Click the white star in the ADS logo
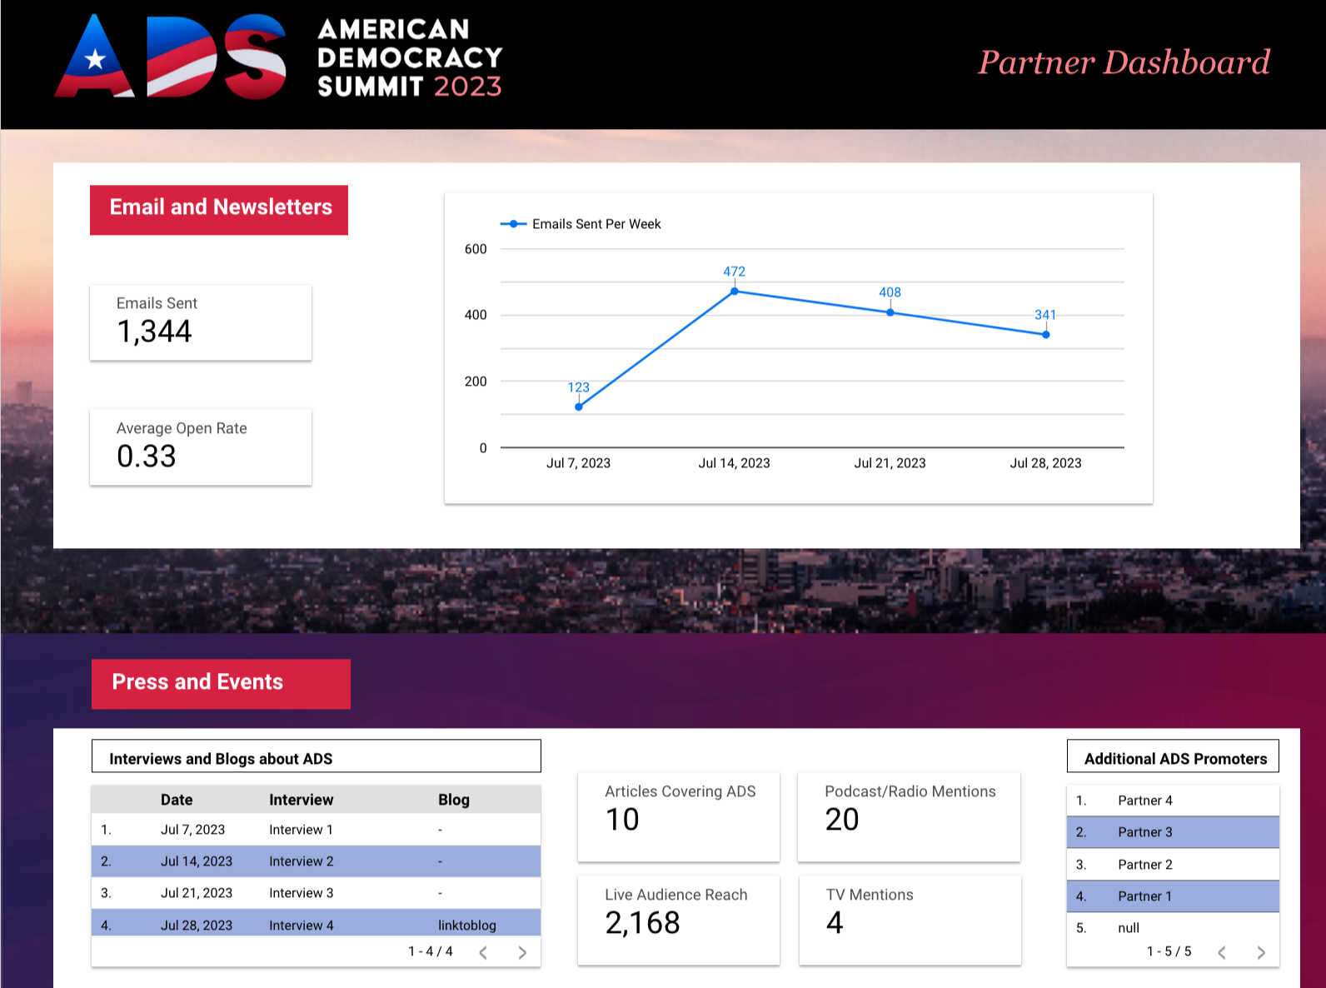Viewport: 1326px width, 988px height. (95, 59)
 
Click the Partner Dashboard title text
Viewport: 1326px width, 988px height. (1124, 62)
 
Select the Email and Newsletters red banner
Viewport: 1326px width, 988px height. (219, 209)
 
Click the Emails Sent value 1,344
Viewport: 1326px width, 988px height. (155, 332)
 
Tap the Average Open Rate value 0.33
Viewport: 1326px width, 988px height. (147, 457)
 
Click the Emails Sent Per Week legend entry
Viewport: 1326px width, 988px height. (581, 224)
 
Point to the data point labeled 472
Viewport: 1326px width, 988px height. (734, 292)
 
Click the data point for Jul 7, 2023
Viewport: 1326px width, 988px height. (579, 407)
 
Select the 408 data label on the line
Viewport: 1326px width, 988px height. (890, 292)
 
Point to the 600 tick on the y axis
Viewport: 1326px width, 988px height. (476, 249)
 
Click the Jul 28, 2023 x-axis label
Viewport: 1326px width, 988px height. (1045, 463)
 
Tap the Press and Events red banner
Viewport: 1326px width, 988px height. (221, 683)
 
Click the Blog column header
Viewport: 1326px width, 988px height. (454, 800)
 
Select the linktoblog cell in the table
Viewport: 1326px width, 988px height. (466, 925)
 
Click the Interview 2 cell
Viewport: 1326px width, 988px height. (301, 861)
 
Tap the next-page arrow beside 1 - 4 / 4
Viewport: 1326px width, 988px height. (522, 952)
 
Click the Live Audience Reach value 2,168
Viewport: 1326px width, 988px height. (642, 923)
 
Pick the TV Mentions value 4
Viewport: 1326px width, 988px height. (835, 923)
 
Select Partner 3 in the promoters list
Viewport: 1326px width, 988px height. (1144, 832)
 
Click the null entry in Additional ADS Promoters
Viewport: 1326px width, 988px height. (1128, 928)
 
